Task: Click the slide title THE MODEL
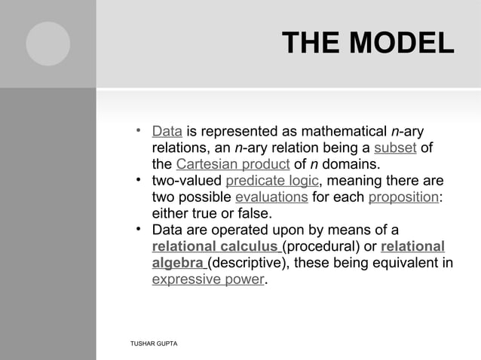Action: (x=367, y=43)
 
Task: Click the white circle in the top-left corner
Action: (x=48, y=44)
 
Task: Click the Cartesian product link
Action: (x=227, y=164)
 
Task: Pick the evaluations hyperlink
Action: (x=271, y=197)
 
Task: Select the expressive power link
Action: (x=209, y=280)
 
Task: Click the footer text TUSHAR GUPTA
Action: (x=154, y=343)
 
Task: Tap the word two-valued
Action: (x=186, y=181)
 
